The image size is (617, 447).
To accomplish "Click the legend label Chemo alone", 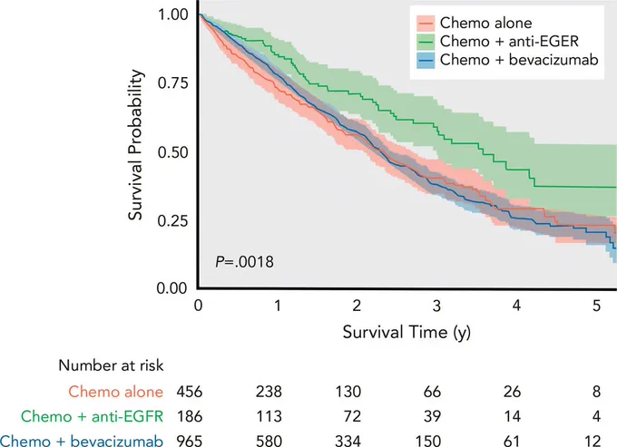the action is [485, 23].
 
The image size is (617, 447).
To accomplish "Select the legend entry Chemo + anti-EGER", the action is [509, 42].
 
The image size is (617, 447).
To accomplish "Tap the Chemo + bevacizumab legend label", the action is [519, 60].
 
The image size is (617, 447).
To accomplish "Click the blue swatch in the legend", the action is [426, 60].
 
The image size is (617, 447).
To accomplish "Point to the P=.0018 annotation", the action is [244, 262].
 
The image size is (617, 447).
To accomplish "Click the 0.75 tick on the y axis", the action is [172, 83].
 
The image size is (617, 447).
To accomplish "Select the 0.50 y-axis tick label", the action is [172, 152].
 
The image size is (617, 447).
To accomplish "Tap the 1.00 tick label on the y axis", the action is [173, 15].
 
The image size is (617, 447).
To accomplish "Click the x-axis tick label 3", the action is [436, 306].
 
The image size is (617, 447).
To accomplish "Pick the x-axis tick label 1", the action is [278, 306].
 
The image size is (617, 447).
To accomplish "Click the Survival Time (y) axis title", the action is [406, 333].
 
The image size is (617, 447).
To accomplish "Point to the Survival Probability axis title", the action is [136, 145].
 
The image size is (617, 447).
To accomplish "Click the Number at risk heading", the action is [111, 365].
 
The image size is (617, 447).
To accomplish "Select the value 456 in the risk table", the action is [190, 392].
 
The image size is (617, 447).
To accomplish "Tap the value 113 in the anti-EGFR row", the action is [269, 416].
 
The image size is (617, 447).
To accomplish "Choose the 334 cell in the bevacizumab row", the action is [348, 441].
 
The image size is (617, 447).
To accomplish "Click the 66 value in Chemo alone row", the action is [433, 392].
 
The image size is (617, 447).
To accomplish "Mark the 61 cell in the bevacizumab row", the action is [512, 441].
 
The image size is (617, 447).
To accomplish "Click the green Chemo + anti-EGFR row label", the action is [92, 416].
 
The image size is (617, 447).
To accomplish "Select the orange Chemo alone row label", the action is [116, 392].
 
